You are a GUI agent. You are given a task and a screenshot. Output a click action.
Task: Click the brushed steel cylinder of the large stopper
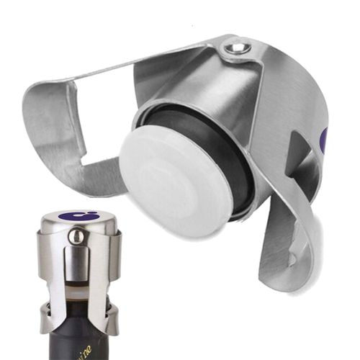coord(209,108)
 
